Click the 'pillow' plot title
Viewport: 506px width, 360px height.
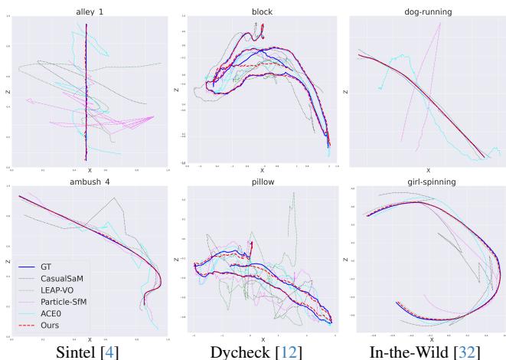(262, 182)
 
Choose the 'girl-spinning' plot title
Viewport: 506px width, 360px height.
(428, 182)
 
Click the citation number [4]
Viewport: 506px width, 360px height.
(109, 350)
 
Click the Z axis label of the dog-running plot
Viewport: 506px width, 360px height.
(346, 92)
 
